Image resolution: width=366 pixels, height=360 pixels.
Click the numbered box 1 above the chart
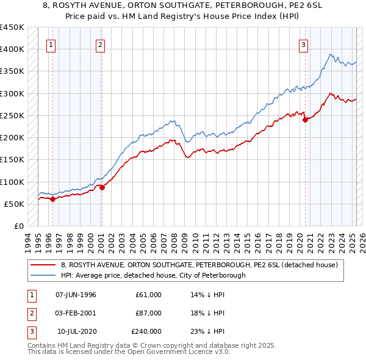[51, 44]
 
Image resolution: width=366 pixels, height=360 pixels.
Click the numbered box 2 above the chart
[99, 44]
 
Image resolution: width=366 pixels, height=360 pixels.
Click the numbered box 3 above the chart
[303, 44]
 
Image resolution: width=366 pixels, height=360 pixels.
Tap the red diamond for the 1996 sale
[52, 199]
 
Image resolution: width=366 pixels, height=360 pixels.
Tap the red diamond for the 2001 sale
[102, 187]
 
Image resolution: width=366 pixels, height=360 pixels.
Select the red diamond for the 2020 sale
[305, 120]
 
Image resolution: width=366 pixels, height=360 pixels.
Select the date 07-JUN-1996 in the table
[76, 295]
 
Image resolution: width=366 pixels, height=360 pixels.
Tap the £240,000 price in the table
[146, 331]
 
